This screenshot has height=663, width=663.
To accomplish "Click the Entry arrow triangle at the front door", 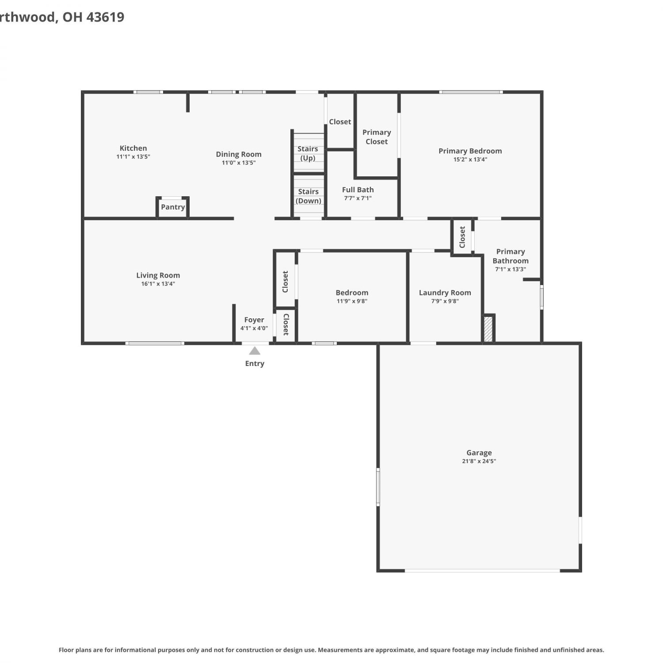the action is point(255,351).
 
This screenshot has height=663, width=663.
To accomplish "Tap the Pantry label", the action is point(173,207).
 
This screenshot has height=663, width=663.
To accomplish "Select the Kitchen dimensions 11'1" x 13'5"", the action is point(133,156).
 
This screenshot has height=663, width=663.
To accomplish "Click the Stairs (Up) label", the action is point(308,153).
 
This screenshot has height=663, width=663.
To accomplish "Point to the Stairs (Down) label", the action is point(309,196).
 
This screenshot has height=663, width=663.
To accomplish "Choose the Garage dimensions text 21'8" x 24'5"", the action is point(479,461).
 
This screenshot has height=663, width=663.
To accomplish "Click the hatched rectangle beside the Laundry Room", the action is point(488,328).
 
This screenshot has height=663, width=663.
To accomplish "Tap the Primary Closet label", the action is point(377,137).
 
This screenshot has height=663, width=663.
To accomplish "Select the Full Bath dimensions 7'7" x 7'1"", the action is point(358,198).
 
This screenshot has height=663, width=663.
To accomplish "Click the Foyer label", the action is point(254,320).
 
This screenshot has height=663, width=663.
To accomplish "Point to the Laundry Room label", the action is point(445,293).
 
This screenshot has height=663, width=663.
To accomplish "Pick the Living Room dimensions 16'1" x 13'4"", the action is point(158,284).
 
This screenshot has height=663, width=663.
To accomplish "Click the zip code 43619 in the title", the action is point(105,17).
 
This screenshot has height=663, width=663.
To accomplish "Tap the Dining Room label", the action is point(239,154).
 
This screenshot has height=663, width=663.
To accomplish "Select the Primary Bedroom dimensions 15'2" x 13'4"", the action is point(470,160).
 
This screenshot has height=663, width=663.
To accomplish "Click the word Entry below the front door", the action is point(255,364).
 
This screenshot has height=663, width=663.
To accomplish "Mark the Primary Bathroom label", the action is point(511,256).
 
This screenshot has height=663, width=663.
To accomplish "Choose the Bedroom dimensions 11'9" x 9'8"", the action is point(352,301).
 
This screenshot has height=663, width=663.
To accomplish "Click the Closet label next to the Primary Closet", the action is point(340,122).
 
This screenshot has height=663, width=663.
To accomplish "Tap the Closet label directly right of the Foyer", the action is point(286,324).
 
